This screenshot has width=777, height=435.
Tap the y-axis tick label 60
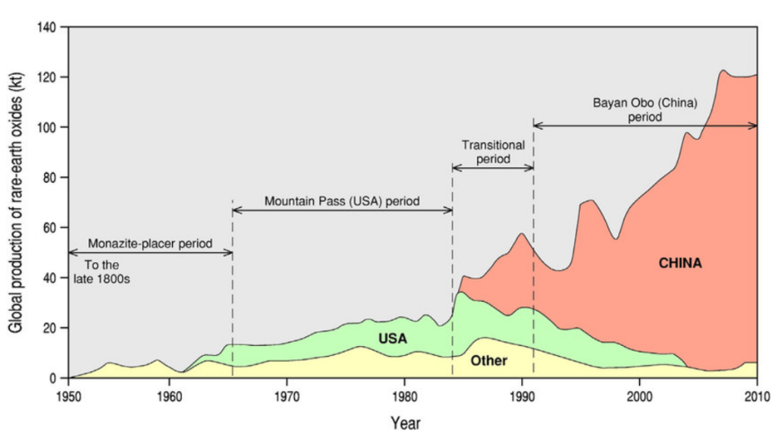[x=51, y=229]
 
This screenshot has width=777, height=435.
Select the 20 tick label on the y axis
[x=51, y=328]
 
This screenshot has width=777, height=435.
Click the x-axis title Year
[x=405, y=423]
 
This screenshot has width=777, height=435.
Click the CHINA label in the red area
[x=680, y=264]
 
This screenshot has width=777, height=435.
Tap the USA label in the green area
[x=392, y=338]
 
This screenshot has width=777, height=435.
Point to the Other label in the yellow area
[x=489, y=361]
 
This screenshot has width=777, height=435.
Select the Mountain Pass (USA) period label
[x=342, y=200]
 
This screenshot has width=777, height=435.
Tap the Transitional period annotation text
[x=492, y=152]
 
